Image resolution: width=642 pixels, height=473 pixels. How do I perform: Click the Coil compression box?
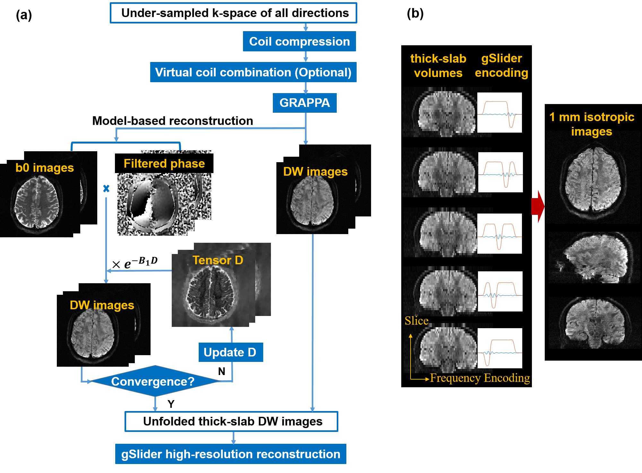tap(299, 41)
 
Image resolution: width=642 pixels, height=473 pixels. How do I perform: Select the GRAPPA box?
tap(305, 103)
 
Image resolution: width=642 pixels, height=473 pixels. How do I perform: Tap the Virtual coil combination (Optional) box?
tap(253, 72)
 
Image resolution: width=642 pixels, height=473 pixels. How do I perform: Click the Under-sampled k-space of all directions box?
tap(233, 13)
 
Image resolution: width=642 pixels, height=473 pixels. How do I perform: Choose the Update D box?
tap(230, 352)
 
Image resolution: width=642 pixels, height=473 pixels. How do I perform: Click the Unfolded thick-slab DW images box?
tap(231, 421)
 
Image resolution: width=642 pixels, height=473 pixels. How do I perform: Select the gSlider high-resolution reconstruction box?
tap(230, 454)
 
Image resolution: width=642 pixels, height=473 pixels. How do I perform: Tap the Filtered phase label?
tap(164, 163)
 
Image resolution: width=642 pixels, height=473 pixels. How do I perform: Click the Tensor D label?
tap(218, 260)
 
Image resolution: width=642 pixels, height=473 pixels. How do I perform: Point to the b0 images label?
tap(45, 168)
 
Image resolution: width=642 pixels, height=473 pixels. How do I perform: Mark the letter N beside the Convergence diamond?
tap(221, 371)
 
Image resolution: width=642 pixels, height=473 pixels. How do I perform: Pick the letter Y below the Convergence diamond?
tap(171, 404)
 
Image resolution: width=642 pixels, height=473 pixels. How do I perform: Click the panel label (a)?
tap(24, 15)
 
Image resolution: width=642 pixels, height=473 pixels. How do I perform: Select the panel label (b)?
tap(415, 13)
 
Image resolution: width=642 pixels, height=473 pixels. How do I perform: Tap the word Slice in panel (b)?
tap(416, 321)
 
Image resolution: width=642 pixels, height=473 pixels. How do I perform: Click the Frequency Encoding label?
tap(480, 378)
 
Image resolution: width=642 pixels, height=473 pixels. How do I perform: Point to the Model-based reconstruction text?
tap(172, 121)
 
